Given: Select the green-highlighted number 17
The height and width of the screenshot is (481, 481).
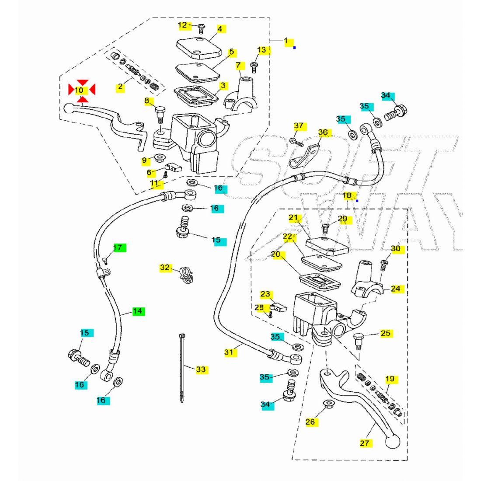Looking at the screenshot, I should tap(118, 248).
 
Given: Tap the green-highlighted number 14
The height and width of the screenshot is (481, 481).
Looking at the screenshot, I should tap(138, 311).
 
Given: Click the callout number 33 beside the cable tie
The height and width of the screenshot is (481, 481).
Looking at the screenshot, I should tap(200, 370).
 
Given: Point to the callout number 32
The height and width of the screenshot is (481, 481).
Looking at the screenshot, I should tap(165, 267).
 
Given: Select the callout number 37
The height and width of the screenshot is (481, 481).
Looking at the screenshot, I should tap(299, 126).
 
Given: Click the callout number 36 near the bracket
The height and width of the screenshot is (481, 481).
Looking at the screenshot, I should tap(323, 132).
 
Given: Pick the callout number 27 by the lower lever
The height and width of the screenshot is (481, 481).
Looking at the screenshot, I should tap(365, 443).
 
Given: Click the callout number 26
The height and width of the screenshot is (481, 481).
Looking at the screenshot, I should tap(310, 422).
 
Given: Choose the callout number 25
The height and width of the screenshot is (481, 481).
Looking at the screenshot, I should tap(385, 333).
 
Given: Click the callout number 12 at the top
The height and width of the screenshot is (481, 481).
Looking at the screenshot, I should tap(182, 25).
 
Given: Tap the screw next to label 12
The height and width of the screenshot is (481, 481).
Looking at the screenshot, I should tap(201, 28).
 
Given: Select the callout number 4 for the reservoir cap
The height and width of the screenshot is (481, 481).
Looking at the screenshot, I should tap(220, 29).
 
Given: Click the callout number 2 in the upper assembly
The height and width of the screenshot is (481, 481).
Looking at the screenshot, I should tap(120, 87).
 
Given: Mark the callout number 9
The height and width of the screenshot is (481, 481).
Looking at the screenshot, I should tap(145, 161).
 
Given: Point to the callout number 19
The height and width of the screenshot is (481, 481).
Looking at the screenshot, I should tap(390, 379).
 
